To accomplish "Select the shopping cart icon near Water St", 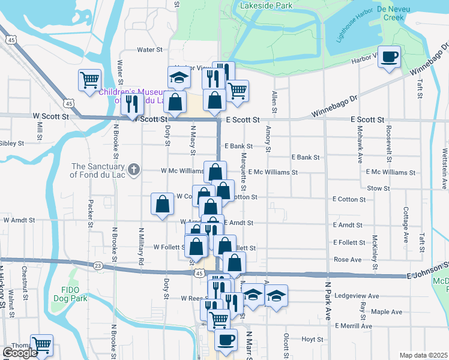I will [x=89, y=79].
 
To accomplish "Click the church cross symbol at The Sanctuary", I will [x=134, y=170].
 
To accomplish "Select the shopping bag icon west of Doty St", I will [x=162, y=204].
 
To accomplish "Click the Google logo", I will [x=20, y=353].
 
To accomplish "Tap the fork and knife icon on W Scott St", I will [x=131, y=104].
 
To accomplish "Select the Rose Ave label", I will [x=347, y=259].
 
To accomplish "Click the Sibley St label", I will [x=11, y=143].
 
